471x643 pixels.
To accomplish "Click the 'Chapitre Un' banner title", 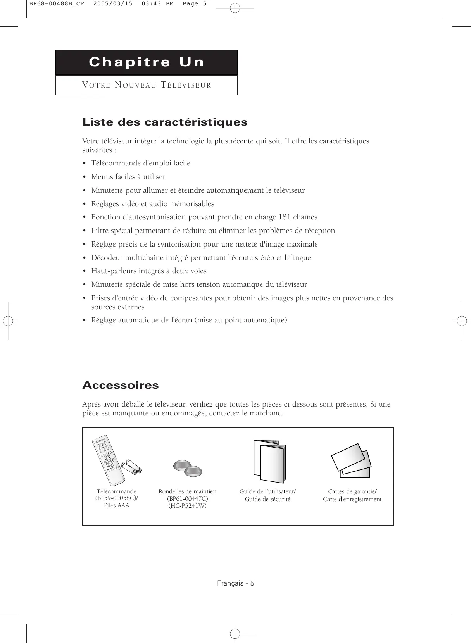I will tap(147, 62).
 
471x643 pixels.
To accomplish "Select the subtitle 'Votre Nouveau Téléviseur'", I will tap(147, 85).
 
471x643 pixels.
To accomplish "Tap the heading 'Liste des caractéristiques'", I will tap(165, 122).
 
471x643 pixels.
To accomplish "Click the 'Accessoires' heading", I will tap(121, 385).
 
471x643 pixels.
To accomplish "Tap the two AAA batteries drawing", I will tap(132, 467).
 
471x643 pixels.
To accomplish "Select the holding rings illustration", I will tap(188, 469).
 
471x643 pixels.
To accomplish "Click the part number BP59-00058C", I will tap(116, 498).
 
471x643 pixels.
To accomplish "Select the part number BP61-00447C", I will tap(188, 499).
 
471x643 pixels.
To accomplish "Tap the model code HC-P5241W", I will tap(188, 506).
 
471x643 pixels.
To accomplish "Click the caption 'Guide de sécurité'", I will tap(267, 499).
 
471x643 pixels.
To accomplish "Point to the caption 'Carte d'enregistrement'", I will tap(352, 499).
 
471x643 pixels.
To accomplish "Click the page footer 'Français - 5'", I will tap(236, 583).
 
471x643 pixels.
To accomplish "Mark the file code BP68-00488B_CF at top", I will tap(57, 4).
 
